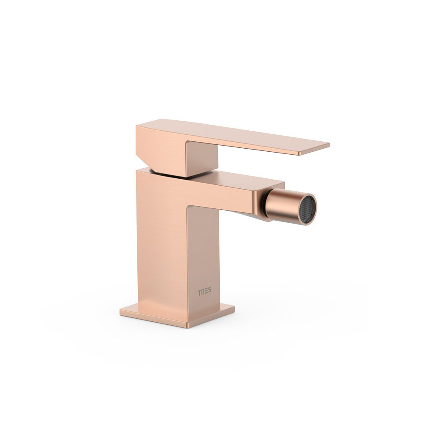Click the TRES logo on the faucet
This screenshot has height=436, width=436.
pyautogui.click(x=204, y=292)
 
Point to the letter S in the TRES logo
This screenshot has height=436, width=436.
pyautogui.click(x=209, y=290)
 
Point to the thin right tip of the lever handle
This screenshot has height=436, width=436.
pyautogui.click(x=328, y=145)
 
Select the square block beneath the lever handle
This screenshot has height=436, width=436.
pyautogui.click(x=201, y=159)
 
